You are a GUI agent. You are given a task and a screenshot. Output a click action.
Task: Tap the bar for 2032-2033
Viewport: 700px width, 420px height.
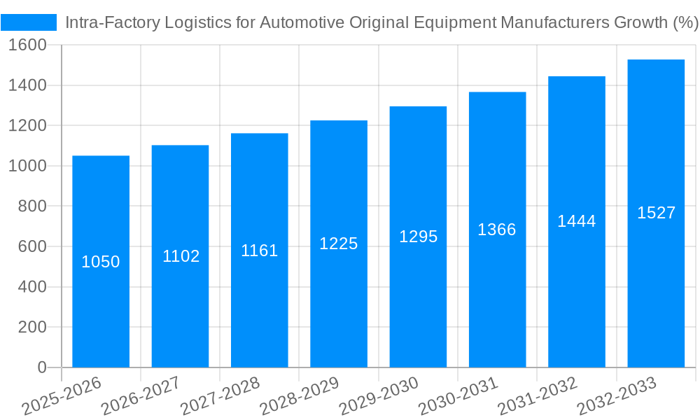tap(656, 280)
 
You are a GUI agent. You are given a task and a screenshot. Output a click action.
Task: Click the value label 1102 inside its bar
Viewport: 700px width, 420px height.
tap(181, 256)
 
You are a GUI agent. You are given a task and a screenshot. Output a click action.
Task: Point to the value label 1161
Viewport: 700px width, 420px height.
tap(260, 251)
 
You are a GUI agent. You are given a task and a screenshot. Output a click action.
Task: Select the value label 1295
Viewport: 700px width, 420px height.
tap(419, 237)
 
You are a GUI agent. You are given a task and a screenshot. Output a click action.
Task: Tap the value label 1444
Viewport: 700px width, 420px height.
tap(577, 221)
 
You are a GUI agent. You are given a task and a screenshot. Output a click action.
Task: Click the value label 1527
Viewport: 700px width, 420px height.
tap(656, 213)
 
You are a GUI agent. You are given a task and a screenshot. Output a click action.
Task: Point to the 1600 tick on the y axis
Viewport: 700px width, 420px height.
tap(27, 45)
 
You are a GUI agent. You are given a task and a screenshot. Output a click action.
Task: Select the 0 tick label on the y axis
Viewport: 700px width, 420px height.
tap(41, 367)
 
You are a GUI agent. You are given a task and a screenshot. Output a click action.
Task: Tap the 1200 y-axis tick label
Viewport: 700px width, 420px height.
tap(27, 126)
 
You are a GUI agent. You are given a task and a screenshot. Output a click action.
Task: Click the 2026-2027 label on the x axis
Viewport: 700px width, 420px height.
tap(141, 395)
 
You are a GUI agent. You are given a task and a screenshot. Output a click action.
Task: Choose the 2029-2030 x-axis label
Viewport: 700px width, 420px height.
tap(379, 395)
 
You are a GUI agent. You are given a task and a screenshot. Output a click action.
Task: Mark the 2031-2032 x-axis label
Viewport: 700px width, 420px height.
tap(538, 395)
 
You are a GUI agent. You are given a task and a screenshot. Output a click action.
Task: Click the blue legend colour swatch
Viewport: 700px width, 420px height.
tap(29, 22)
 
